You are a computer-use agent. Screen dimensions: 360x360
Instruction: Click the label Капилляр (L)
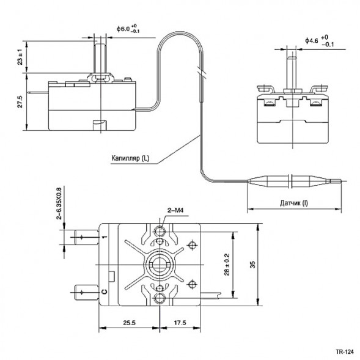[130, 158]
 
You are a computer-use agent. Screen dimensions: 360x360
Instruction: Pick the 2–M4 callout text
[175, 211]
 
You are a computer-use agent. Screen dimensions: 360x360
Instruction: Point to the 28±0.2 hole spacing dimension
[227, 265]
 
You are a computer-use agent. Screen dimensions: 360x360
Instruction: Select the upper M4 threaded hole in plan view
[160, 231]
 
